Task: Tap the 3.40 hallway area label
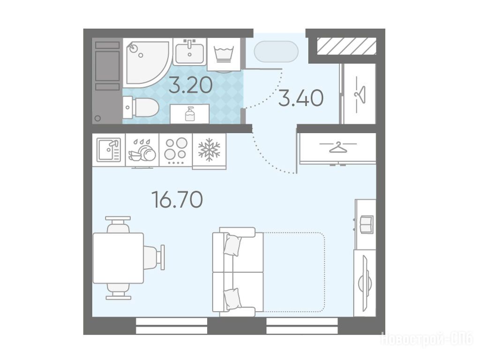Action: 301,98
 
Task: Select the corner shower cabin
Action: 147,63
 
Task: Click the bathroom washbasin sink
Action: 190,52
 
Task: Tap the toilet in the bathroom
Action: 141,107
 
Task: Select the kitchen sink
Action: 109,150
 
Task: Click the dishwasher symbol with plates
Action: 142,150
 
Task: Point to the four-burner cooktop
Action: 176,150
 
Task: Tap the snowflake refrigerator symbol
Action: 210,150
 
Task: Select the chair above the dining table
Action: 118,225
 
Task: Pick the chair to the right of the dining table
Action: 155,257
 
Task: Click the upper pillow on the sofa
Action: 232,245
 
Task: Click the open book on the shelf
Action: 367,225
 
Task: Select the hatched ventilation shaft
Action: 346,46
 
